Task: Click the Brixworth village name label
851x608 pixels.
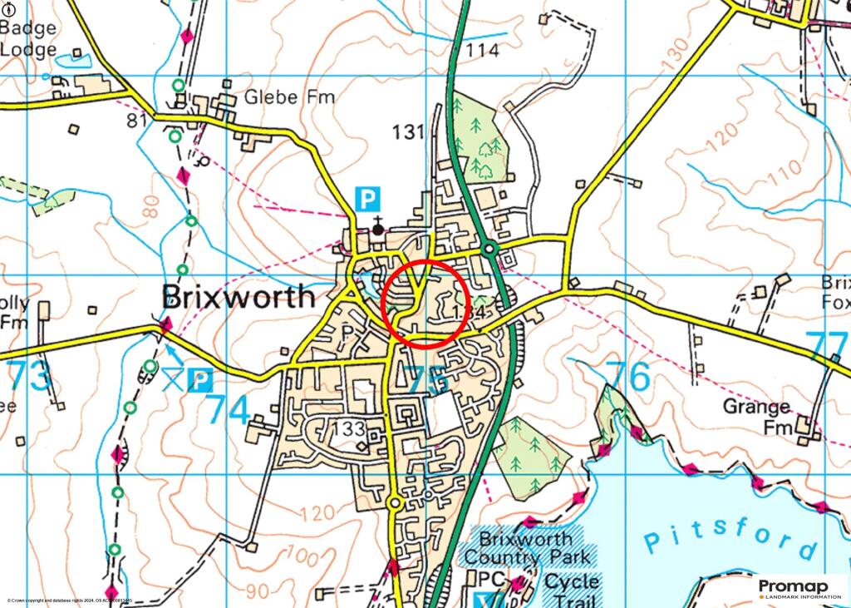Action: (239, 297)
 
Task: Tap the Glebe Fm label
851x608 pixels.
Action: (290, 97)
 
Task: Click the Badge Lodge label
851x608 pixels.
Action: (29, 38)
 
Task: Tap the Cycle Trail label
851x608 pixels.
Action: (572, 591)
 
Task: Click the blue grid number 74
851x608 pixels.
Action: (229, 408)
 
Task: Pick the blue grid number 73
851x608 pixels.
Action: (30, 376)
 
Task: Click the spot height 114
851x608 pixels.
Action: (483, 51)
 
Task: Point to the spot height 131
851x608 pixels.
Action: (408, 132)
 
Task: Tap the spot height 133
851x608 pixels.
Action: (348, 429)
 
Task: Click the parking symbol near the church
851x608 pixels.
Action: (367, 199)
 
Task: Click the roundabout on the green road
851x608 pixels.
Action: (490, 249)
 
